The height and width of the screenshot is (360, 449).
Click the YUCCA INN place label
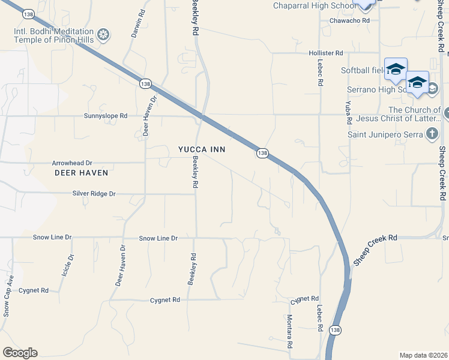[202, 149]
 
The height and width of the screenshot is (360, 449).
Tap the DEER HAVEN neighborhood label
[81, 173]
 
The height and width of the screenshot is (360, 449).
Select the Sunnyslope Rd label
[106, 115]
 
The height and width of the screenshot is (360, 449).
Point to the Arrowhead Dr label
[72, 163]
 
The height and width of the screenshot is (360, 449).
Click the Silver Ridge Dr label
[94, 194]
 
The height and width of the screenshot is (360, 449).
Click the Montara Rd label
[289, 332]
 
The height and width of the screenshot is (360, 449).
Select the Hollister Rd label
[325, 53]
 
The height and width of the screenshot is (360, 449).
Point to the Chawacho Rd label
[349, 20]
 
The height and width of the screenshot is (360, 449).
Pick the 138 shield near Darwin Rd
[145, 84]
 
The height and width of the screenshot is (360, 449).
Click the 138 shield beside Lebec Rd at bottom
[335, 330]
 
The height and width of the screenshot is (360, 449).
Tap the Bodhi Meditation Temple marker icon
[103, 35]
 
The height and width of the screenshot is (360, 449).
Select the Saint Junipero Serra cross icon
[432, 134]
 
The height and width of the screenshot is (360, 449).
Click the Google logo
[20, 353]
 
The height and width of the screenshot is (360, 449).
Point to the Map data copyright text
[424, 355]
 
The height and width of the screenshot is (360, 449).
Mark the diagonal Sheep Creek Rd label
[375, 250]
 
